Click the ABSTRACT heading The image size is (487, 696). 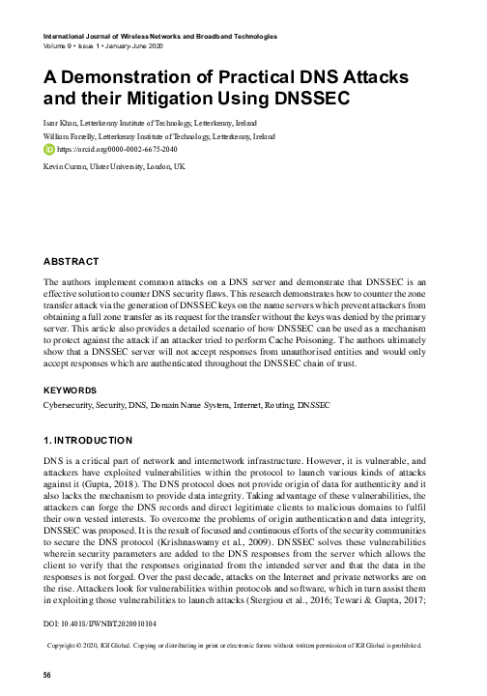(72, 260)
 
